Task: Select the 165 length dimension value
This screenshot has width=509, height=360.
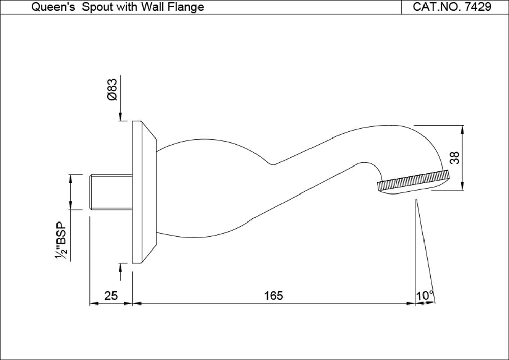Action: pos(273,295)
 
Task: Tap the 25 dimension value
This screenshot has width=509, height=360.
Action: pos(110,295)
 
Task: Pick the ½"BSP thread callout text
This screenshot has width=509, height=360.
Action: pos(62,241)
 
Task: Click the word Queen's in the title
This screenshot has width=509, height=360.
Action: pos(54,7)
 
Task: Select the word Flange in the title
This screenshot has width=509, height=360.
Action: pos(188,7)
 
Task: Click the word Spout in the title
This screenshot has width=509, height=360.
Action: pos(96,7)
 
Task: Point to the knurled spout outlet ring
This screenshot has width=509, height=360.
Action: pos(413,181)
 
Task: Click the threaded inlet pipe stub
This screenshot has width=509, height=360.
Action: pos(110,191)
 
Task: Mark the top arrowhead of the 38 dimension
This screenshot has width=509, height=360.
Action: pos(462,129)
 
